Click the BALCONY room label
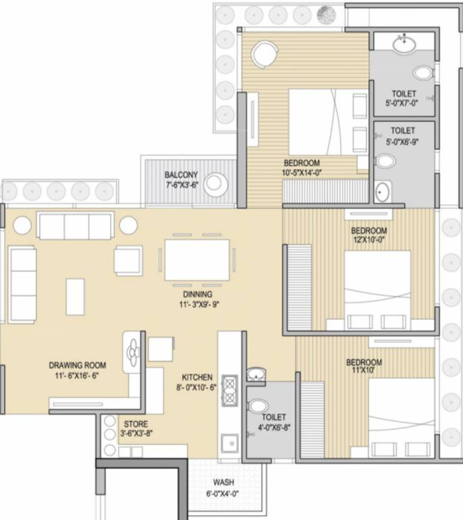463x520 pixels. pyautogui.click(x=181, y=175)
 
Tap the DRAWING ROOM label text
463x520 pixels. pyautogui.click(x=78, y=365)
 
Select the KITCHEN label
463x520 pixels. pyautogui.click(x=197, y=377)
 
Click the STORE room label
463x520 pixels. pyautogui.click(x=136, y=424)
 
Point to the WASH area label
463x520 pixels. pyautogui.click(x=224, y=482)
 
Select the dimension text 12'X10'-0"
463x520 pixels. pyautogui.click(x=369, y=240)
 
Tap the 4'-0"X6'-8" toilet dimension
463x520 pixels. pyautogui.click(x=274, y=427)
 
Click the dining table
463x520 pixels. pyautogui.click(x=197, y=260)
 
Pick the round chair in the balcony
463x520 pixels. pyautogui.click(x=215, y=184)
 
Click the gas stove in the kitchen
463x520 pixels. pyautogui.click(x=230, y=391)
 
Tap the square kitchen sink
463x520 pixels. pyautogui.click(x=230, y=443)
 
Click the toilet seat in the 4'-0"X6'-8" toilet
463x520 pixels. pyautogui.click(x=258, y=406)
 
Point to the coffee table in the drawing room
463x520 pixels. pyautogui.click(x=75, y=297)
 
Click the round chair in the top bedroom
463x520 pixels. pyautogui.click(x=265, y=54)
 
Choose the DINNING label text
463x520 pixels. pyautogui.click(x=197, y=295)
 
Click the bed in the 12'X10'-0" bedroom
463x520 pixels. pyautogui.click(x=377, y=290)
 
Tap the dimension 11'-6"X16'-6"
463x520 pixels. pyautogui.click(x=78, y=376)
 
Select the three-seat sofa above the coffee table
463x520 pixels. pyautogui.click(x=76, y=225)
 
